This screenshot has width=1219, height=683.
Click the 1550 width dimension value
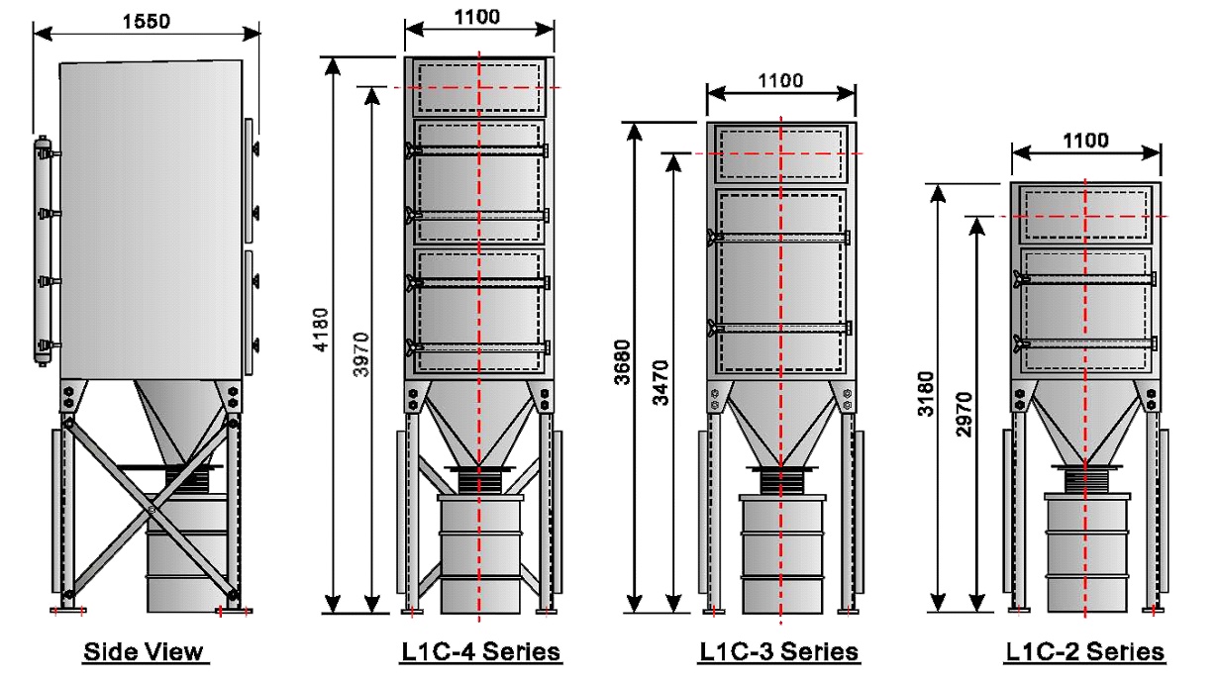tap(146, 21)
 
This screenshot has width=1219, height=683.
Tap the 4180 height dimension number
tap(322, 330)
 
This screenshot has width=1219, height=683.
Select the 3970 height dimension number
tap(360, 354)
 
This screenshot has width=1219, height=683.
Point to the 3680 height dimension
tap(622, 362)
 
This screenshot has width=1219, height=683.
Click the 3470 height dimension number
tap(660, 383)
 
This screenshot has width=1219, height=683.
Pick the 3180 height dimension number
tap(926, 394)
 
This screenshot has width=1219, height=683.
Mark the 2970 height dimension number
tap(964, 415)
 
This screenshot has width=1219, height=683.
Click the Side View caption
tap(144, 651)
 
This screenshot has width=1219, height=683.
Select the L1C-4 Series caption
tap(480, 651)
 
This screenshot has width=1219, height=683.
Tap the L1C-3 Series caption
tap(778, 651)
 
